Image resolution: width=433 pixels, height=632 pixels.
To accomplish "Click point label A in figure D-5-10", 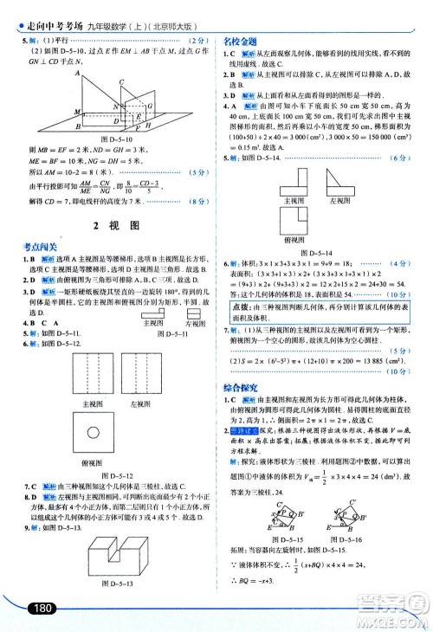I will (x=81, y=73).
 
